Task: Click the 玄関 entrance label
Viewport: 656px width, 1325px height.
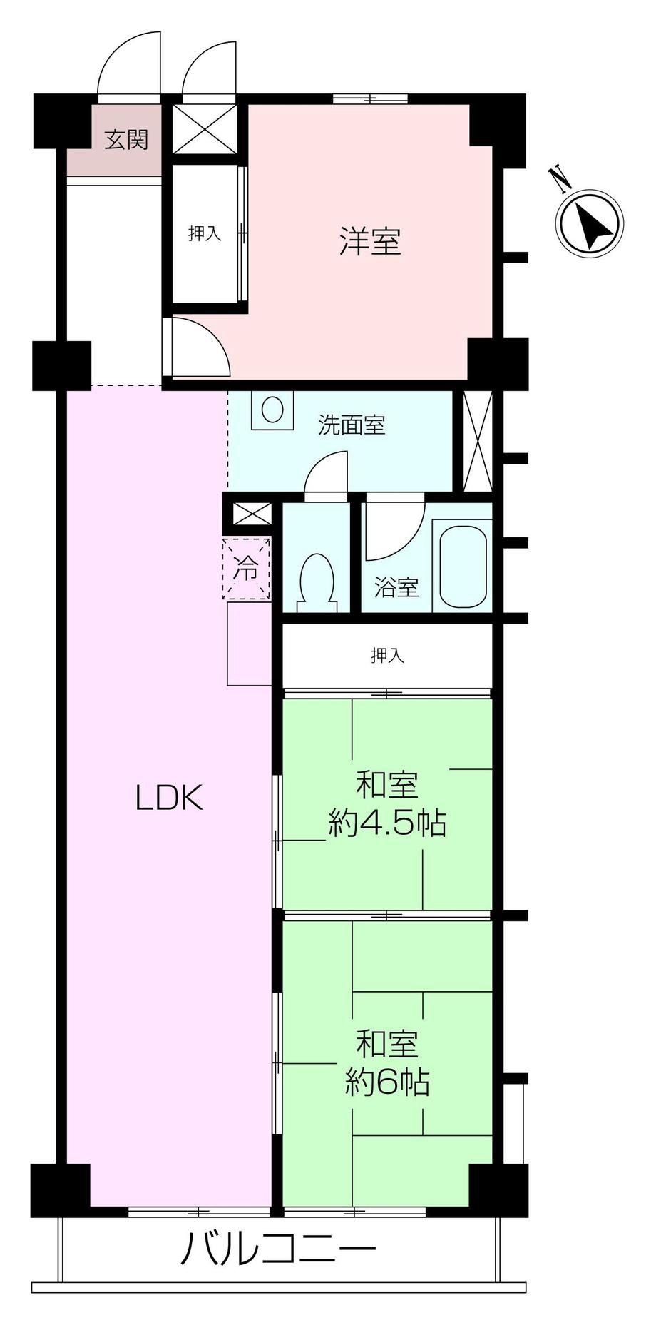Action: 126,140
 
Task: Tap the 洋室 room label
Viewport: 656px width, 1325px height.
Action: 370,241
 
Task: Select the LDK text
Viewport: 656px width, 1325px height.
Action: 170,798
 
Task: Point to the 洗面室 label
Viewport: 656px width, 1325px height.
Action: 352,425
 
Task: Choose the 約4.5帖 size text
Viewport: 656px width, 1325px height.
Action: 387,824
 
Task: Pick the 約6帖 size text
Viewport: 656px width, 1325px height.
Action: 387,1083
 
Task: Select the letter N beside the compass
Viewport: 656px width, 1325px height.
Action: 561,179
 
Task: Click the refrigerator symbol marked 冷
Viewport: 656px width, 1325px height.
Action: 247,569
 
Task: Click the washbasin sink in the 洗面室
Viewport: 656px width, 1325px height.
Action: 272,410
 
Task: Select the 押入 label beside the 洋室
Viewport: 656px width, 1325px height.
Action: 205,233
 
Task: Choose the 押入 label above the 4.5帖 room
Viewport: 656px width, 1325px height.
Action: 387,656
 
